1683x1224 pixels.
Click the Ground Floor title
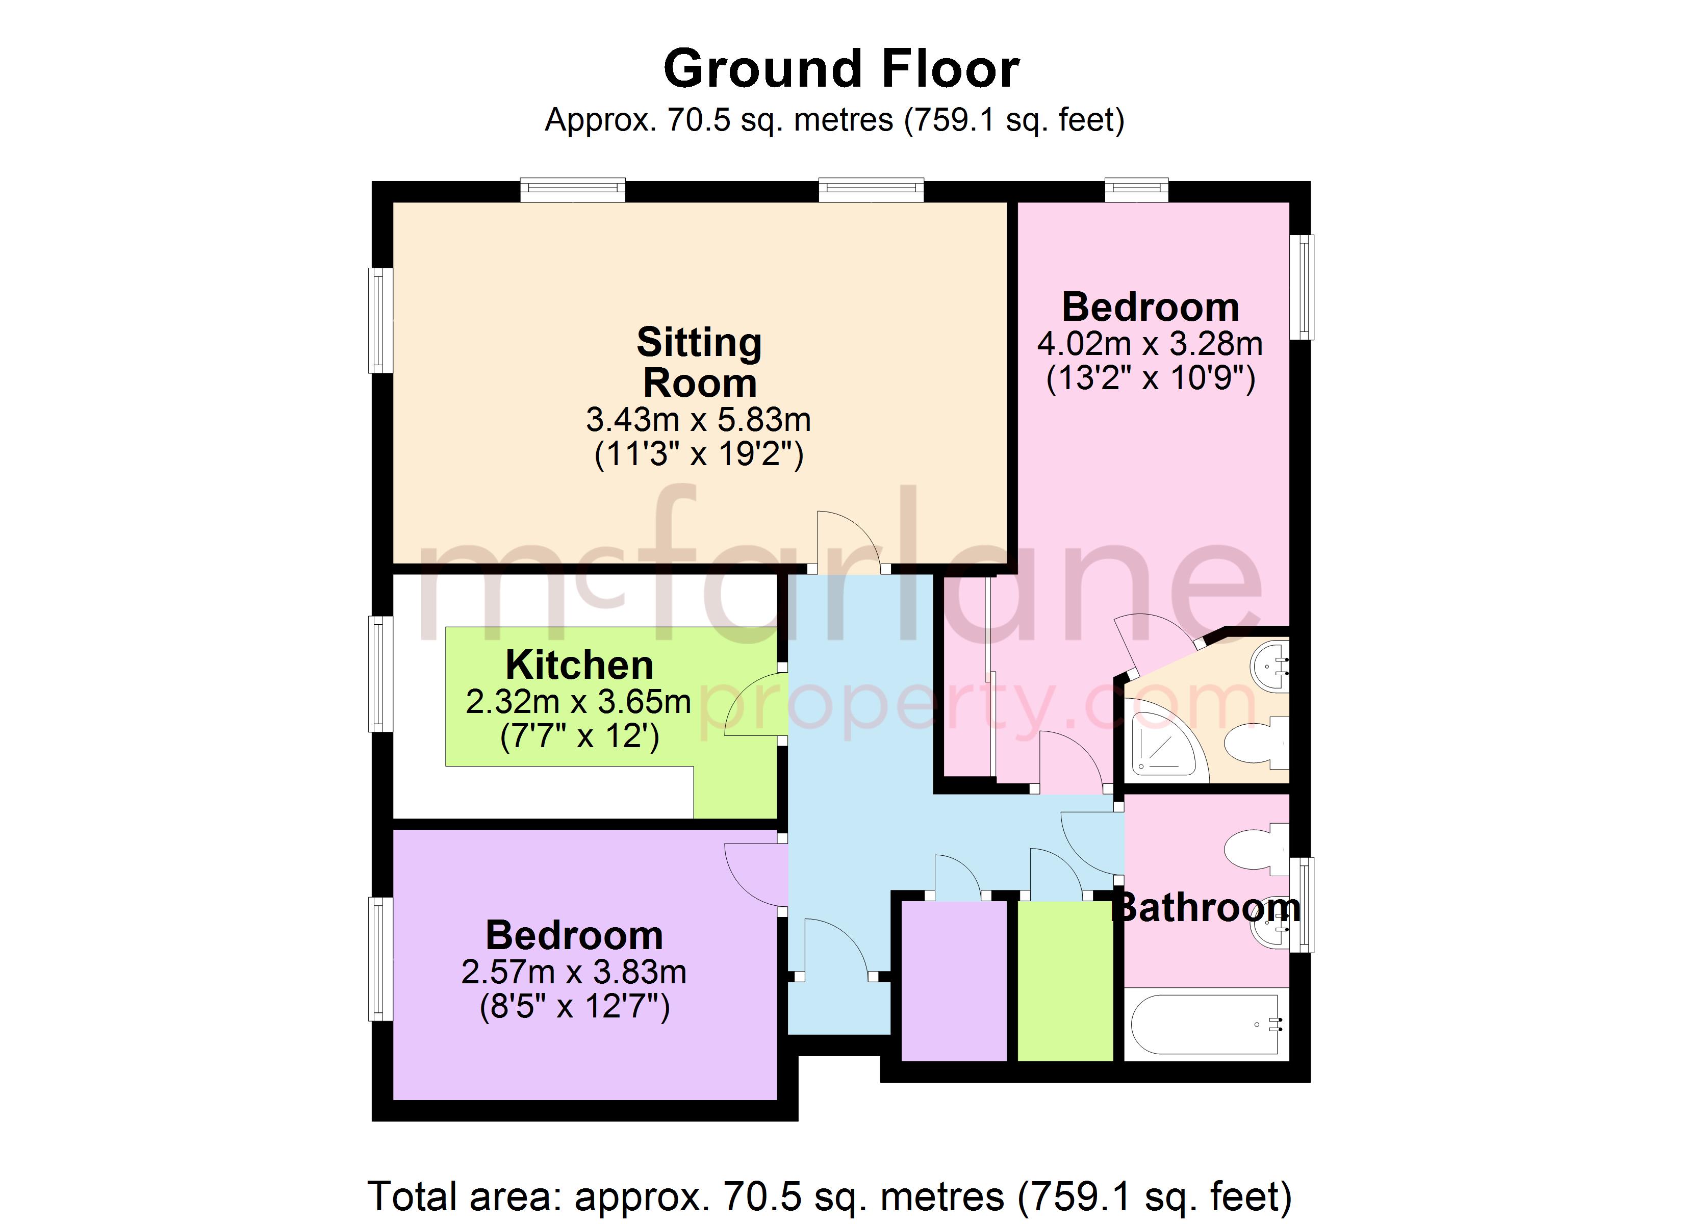(x=841, y=69)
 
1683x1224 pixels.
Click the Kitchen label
(x=579, y=665)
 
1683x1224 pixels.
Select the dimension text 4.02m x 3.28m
(x=1150, y=344)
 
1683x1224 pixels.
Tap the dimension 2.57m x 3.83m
(x=574, y=973)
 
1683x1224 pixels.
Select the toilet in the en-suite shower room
(x=1254, y=742)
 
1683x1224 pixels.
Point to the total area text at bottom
(x=830, y=1196)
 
